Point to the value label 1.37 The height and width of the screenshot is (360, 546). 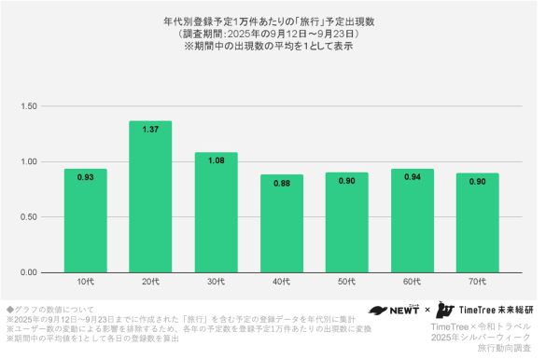pos(150,129)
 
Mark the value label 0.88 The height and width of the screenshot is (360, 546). pos(281,183)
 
